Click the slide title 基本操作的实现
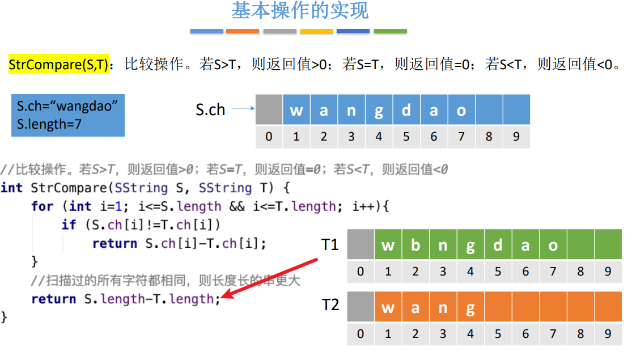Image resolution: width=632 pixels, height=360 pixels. pyautogui.click(x=300, y=11)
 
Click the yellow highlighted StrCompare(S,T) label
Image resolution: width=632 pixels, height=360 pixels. pyautogui.click(x=58, y=65)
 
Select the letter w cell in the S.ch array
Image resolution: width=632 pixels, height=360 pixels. pyautogui.click(x=296, y=110)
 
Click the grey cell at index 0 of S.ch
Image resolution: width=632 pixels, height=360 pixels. pyautogui.click(x=269, y=110)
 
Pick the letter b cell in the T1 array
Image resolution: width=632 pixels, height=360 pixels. pyautogui.click(x=415, y=245)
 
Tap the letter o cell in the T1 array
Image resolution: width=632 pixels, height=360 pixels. pyautogui.click(x=553, y=245)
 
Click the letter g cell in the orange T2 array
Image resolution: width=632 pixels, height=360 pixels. pyautogui.click(x=470, y=308)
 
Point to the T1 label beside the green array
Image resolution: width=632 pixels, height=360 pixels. pyautogui.click(x=330, y=245)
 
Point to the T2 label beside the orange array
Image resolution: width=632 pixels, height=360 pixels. pyautogui.click(x=330, y=305)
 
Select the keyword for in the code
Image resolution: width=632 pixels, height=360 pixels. pyautogui.click(x=43, y=206)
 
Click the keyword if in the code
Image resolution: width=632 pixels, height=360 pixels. pyautogui.click(x=69, y=225)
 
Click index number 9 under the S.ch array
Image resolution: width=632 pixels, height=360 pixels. pyautogui.click(x=516, y=137)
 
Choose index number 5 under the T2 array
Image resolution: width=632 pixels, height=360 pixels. pyautogui.click(x=498, y=334)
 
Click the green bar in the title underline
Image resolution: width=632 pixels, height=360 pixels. pyautogui.click(x=391, y=31)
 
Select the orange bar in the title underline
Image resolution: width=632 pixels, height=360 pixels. pyautogui.click(x=243, y=31)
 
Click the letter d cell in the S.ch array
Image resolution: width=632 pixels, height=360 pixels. pyautogui.click(x=406, y=110)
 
